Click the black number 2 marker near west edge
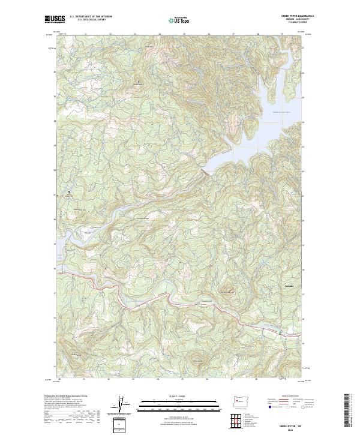(69, 193)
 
